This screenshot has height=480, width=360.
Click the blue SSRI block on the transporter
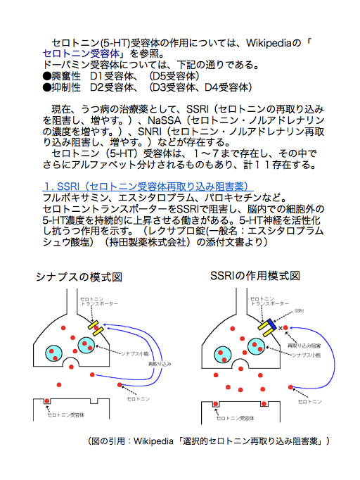tap(271, 324)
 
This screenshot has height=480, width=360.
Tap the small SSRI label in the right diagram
tap(299, 310)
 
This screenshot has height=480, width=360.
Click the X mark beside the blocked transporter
tap(281, 328)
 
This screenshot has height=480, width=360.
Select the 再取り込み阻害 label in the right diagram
tap(304, 346)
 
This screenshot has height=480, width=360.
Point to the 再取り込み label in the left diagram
tap(160, 364)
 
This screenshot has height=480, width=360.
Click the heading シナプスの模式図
tap(79, 277)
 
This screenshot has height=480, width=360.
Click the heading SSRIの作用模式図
tap(255, 276)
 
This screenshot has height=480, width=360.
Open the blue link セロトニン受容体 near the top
tap(81, 53)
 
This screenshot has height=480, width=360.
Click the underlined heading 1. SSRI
tap(148, 186)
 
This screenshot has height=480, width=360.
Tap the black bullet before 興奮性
tap(47, 76)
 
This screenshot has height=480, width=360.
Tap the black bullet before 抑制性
tap(47, 87)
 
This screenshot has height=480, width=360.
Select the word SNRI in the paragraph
tap(150, 132)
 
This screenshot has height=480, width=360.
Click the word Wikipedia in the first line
tap(268, 43)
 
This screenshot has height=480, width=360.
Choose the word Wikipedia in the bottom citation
tap(153, 441)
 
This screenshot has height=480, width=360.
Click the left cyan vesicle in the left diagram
tap(54, 353)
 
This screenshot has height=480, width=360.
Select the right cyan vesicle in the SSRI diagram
tap(257, 346)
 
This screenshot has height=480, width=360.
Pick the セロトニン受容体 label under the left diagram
tap(66, 415)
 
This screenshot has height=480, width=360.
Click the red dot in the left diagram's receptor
tap(47, 401)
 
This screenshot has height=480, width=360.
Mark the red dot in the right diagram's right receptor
tap(264, 404)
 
